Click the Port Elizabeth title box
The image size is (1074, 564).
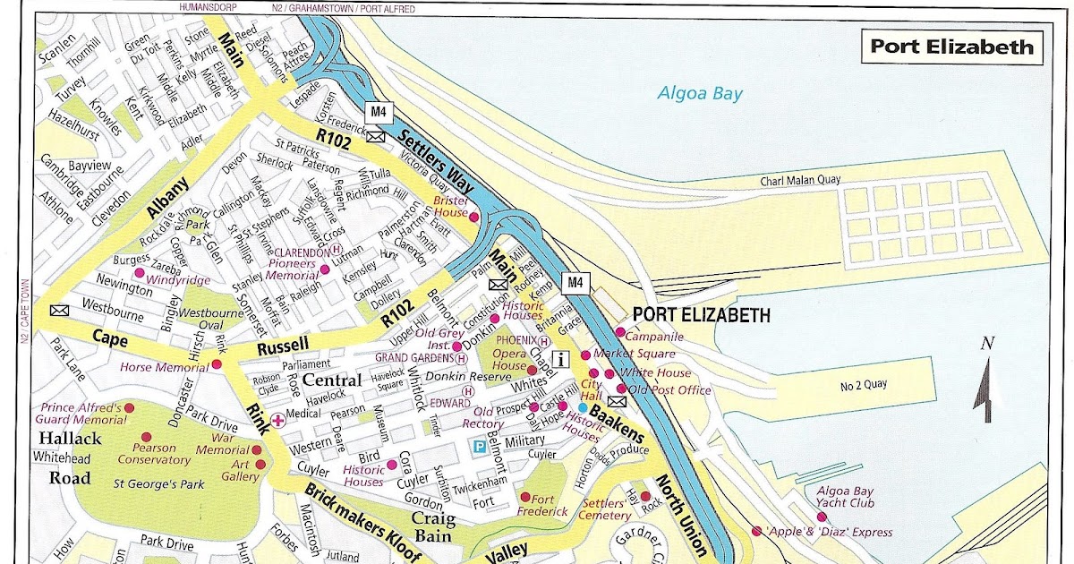pyautogui.click(x=951, y=47)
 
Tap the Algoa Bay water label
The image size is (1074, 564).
pyautogui.click(x=700, y=93)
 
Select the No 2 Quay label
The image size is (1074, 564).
pyautogui.click(x=864, y=387)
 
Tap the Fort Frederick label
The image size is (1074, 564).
pyautogui.click(x=542, y=504)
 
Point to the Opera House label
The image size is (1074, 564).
pyautogui.click(x=509, y=359)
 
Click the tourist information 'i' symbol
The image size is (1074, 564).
pyautogui.click(x=562, y=360)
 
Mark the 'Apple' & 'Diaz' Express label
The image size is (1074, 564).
pyautogui.click(x=831, y=532)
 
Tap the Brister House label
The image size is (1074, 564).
pyautogui.click(x=451, y=207)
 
